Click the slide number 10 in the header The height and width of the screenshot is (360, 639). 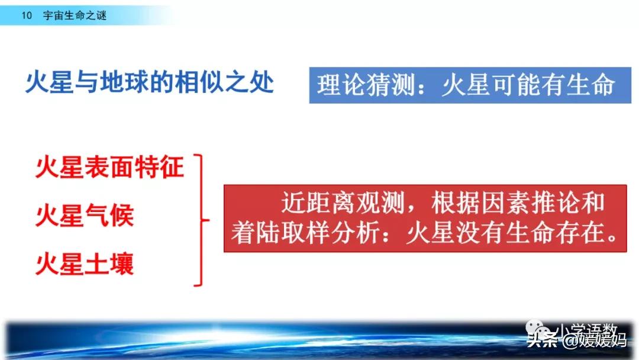[x=26, y=16]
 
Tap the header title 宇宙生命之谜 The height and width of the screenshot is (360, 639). [x=75, y=16]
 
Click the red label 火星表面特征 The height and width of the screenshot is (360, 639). [x=110, y=168]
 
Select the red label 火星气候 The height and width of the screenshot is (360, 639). [x=85, y=216]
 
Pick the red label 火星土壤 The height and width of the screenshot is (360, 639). [x=85, y=264]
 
